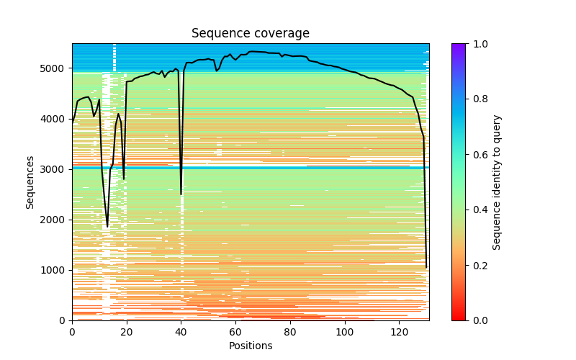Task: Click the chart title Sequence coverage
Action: pos(250,34)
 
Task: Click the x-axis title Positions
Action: pos(250,346)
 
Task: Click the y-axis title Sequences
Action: pos(30,181)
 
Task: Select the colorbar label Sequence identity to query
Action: pos(497,181)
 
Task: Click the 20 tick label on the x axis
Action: pos(127,331)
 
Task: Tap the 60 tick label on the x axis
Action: pos(235,331)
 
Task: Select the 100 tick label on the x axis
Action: pos(345,331)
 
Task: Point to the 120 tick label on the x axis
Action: pos(400,331)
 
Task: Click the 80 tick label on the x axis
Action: pos(290,331)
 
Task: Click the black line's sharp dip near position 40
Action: pos(181,194)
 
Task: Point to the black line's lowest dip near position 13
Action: pos(107,227)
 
